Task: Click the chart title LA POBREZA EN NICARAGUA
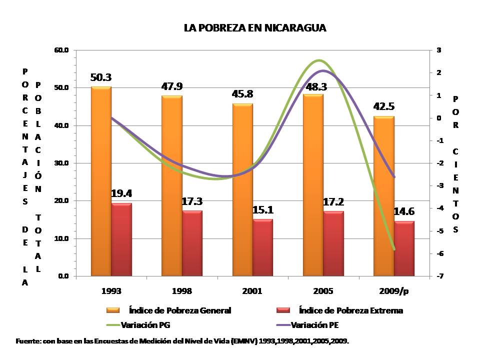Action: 255,28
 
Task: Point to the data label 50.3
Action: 101,77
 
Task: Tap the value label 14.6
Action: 404,211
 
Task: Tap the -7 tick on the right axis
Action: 438,276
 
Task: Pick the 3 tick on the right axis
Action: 438,50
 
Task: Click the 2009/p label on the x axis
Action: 394,291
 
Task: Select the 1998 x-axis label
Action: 182,291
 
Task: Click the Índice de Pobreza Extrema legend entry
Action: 350,310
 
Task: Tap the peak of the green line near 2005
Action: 319,60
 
